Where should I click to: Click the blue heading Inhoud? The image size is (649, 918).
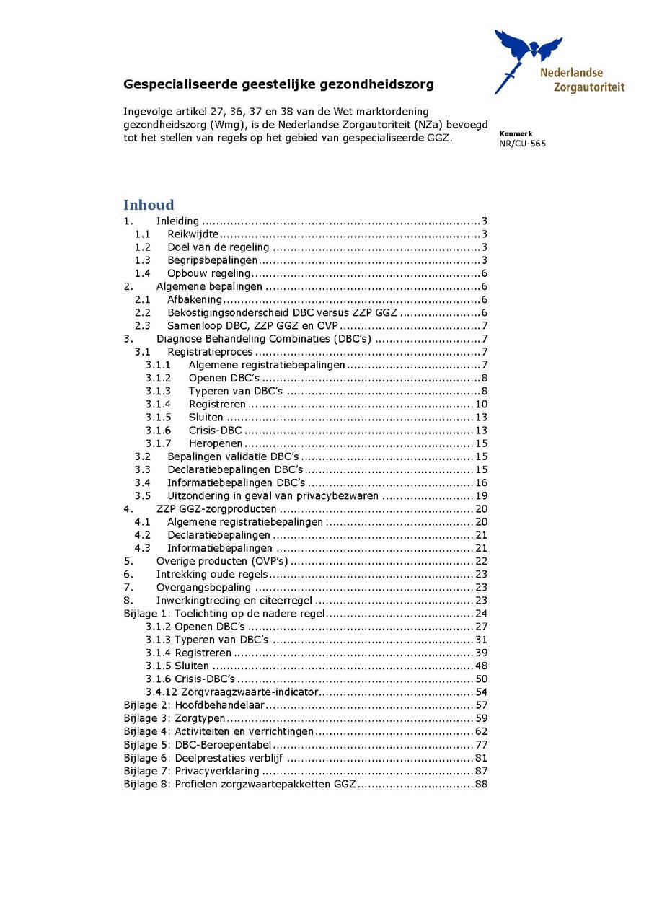click(x=149, y=205)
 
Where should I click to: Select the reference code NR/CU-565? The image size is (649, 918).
click(x=522, y=144)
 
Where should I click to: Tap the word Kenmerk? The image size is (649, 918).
click(x=516, y=133)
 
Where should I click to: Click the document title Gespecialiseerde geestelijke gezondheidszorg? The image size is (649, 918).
click(x=278, y=84)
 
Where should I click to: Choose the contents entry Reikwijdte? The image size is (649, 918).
click(x=193, y=234)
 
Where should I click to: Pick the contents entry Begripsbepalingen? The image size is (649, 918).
click(x=213, y=260)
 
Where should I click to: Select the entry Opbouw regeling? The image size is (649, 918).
click(x=209, y=273)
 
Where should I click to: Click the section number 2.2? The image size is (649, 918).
click(x=143, y=312)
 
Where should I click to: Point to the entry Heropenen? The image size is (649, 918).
click(x=216, y=443)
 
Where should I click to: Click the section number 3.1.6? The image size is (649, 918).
click(x=158, y=431)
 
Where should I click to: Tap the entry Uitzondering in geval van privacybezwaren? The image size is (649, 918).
click(x=274, y=495)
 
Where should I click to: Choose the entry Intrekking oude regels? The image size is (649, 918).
click(x=212, y=574)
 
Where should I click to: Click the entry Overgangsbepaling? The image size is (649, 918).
click(x=203, y=587)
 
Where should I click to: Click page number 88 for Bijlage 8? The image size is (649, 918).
click(x=482, y=784)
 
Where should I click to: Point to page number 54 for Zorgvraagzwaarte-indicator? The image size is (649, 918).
click(x=482, y=692)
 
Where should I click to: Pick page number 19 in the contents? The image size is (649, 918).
click(x=482, y=495)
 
